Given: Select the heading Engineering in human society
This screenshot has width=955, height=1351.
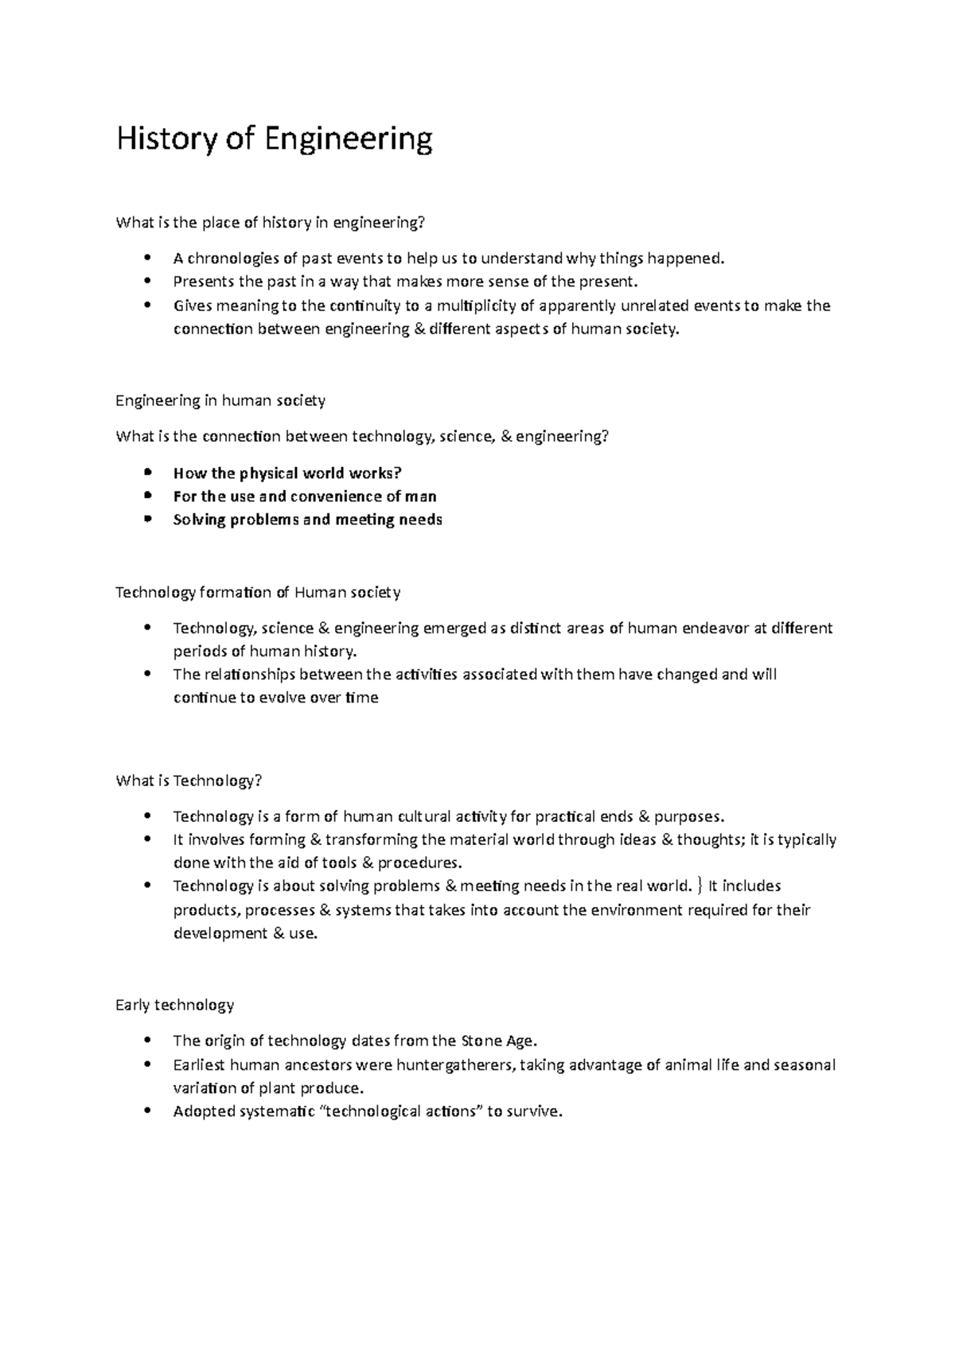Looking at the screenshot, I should click(x=220, y=400).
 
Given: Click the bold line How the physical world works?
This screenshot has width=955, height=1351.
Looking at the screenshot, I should click(x=287, y=473).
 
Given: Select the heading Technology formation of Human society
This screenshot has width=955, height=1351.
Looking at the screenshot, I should click(x=258, y=592).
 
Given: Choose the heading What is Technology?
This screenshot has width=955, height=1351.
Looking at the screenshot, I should click(x=189, y=781).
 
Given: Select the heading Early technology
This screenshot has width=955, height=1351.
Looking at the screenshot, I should click(x=175, y=1005).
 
